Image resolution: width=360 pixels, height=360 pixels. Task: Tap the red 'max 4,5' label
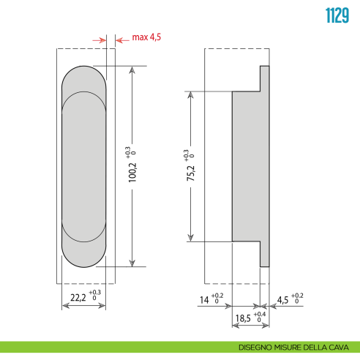pyautogui.click(x=146, y=37)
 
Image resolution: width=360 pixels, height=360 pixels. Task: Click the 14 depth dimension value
pyautogui.click(x=205, y=299)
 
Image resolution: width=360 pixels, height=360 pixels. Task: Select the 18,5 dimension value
pyautogui.click(x=242, y=320)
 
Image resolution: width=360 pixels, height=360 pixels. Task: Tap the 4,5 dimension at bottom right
pyautogui.click(x=283, y=299)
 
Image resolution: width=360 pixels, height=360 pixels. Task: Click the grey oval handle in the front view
pyautogui.click(x=85, y=167)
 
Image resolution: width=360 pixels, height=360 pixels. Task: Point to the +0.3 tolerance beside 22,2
pyautogui.click(x=95, y=293)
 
